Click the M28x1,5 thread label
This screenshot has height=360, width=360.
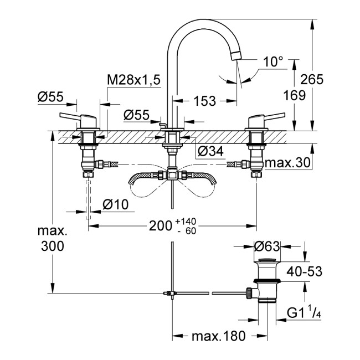133,81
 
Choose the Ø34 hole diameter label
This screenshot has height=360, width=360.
210,151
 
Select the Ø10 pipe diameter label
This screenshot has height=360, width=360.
115,204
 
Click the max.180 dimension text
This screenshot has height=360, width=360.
216,336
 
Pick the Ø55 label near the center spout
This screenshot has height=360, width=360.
136,115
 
